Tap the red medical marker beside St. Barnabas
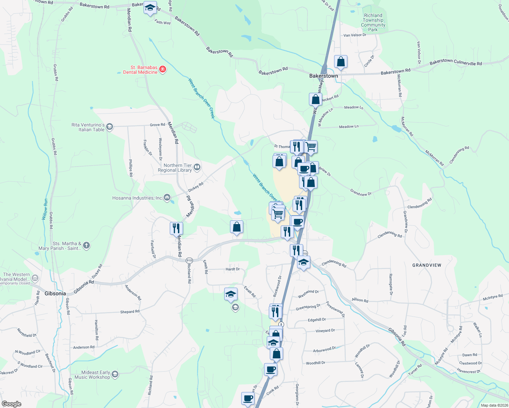pyautogui.click(x=163, y=70)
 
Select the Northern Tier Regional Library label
pyautogui.click(x=175, y=168)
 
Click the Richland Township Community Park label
pyautogui.click(x=373, y=22)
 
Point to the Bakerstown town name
pyautogui.click(x=324, y=76)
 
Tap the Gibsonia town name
pyautogui.click(x=55, y=293)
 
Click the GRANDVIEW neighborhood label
pyautogui.click(x=427, y=265)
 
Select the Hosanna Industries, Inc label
pyautogui.click(x=137, y=198)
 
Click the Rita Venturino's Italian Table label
pyautogui.click(x=88, y=127)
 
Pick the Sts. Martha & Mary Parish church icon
pyautogui.click(x=86, y=245)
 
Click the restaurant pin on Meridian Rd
pyautogui.click(x=176, y=228)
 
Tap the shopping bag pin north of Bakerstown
pyautogui.click(x=341, y=62)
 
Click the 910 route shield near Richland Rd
pyautogui.click(x=189, y=260)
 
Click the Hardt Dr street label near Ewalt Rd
pyautogui.click(x=233, y=269)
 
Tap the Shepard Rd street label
pyautogui.click(x=130, y=311)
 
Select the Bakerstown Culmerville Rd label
pyautogui.click(x=456, y=62)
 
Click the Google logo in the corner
pyautogui.click(x=12, y=404)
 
